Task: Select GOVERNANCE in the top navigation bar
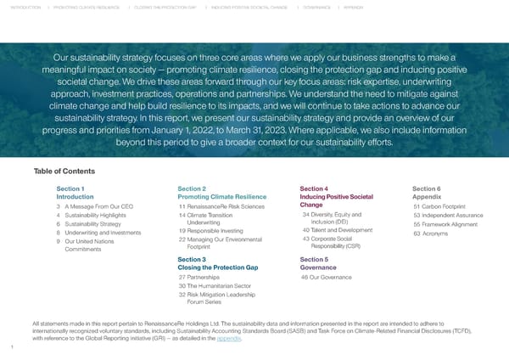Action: point(316,8)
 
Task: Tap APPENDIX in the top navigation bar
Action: point(353,8)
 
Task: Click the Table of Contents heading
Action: point(64,172)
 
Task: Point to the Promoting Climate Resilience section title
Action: point(222,196)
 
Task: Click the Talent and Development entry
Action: point(343,230)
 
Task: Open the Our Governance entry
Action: point(332,278)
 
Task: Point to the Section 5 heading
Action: point(314,259)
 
